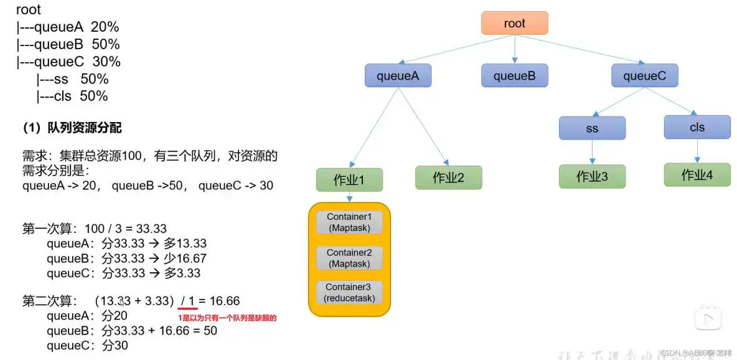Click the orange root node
pyautogui.click(x=514, y=23)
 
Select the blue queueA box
pyautogui.click(x=398, y=76)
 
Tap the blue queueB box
pyautogui.click(x=514, y=76)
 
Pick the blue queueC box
pyautogui.click(x=644, y=76)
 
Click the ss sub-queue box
pyautogui.click(x=592, y=128)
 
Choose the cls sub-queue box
pyautogui.click(x=697, y=127)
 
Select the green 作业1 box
pyautogui.click(x=349, y=180)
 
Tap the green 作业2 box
pyautogui.click(x=448, y=178)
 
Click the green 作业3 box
pyautogui.click(x=592, y=176)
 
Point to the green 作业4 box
pyautogui.click(x=697, y=175)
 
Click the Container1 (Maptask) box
pyautogui.click(x=349, y=222)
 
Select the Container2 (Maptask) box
pyautogui.click(x=349, y=258)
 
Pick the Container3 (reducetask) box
pyautogui.click(x=349, y=292)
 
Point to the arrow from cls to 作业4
pyautogui.click(x=697, y=150)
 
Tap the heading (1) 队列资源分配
pyautogui.click(x=72, y=128)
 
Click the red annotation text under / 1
pyautogui.click(x=227, y=318)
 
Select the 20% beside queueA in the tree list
pyautogui.click(x=105, y=27)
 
